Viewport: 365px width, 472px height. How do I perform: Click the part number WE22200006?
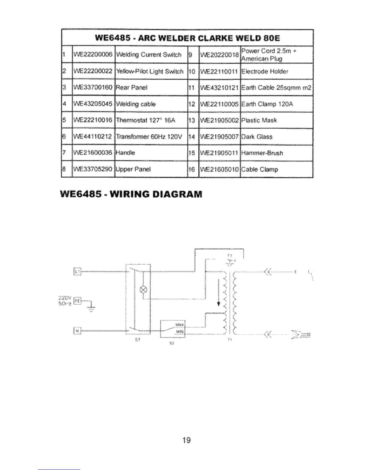click(x=93, y=54)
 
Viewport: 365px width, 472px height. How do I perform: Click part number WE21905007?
click(x=219, y=137)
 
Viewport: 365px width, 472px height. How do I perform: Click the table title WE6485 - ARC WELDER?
click(x=187, y=38)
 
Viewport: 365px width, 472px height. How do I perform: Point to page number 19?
click(x=187, y=440)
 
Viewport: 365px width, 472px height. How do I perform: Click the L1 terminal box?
click(x=77, y=272)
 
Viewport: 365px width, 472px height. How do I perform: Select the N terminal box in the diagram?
click(x=77, y=330)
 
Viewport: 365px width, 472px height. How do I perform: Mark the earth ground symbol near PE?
click(x=92, y=309)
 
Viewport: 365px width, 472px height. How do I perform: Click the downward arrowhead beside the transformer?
click(x=219, y=304)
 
